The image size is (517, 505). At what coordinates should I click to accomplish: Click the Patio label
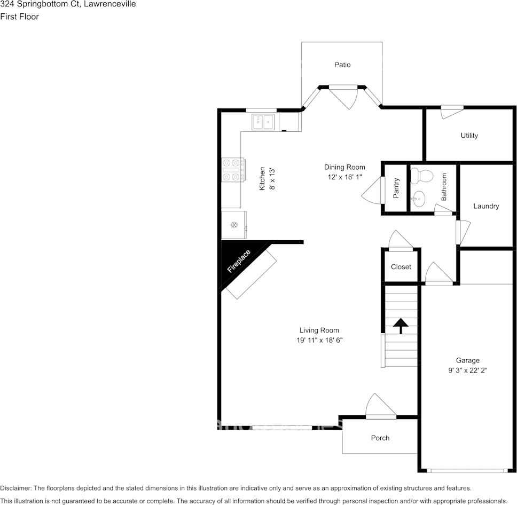click(342, 65)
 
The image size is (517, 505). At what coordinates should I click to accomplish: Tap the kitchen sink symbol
click(263, 122)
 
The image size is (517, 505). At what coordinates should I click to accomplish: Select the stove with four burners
click(233, 169)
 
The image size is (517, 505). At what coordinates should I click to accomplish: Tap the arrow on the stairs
click(400, 325)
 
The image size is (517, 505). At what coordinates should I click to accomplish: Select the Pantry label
click(396, 188)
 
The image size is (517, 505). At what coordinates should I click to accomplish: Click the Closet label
click(401, 266)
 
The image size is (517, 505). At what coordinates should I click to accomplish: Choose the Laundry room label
click(486, 206)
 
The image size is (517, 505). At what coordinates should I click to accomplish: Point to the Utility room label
click(469, 136)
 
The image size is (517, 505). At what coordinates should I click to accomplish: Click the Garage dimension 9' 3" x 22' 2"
click(467, 369)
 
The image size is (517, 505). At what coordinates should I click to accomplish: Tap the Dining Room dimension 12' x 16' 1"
click(344, 177)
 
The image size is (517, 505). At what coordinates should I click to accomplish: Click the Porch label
click(380, 438)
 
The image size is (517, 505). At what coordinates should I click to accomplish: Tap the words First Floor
click(20, 17)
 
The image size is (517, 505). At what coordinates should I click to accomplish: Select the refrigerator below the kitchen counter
click(234, 225)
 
